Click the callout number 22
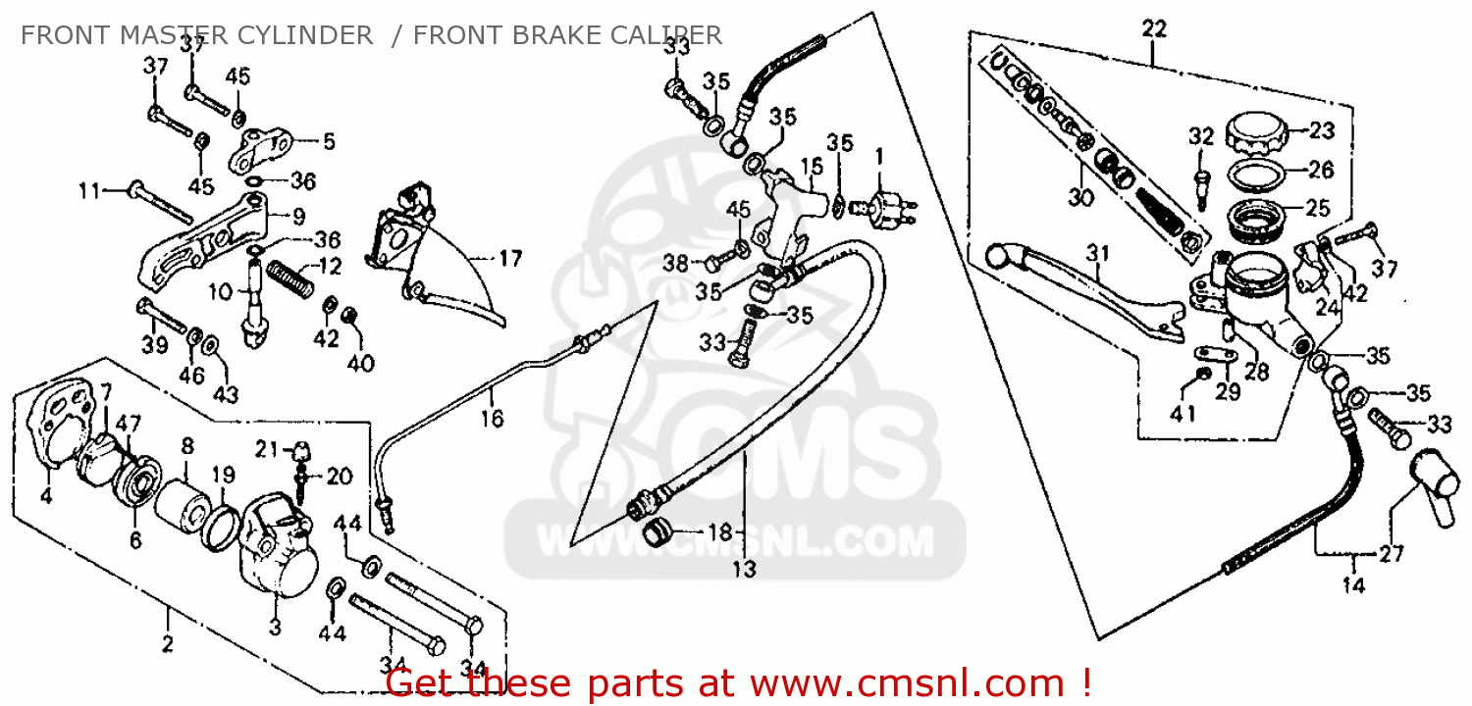point(1154,29)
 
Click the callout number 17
point(510,260)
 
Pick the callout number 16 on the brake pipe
point(492,419)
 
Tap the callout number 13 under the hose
point(744,570)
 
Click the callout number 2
point(167,644)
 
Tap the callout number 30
point(1079,196)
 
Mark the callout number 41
point(1183,413)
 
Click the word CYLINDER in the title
point(308,36)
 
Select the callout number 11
point(89,191)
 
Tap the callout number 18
point(720,532)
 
